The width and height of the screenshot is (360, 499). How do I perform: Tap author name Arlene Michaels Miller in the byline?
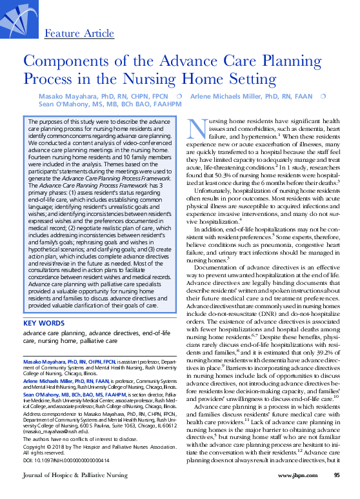[x=255, y=96]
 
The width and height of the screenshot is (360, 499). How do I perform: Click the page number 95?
[x=337, y=493]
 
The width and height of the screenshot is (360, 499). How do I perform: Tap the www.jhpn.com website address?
[x=295, y=493]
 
